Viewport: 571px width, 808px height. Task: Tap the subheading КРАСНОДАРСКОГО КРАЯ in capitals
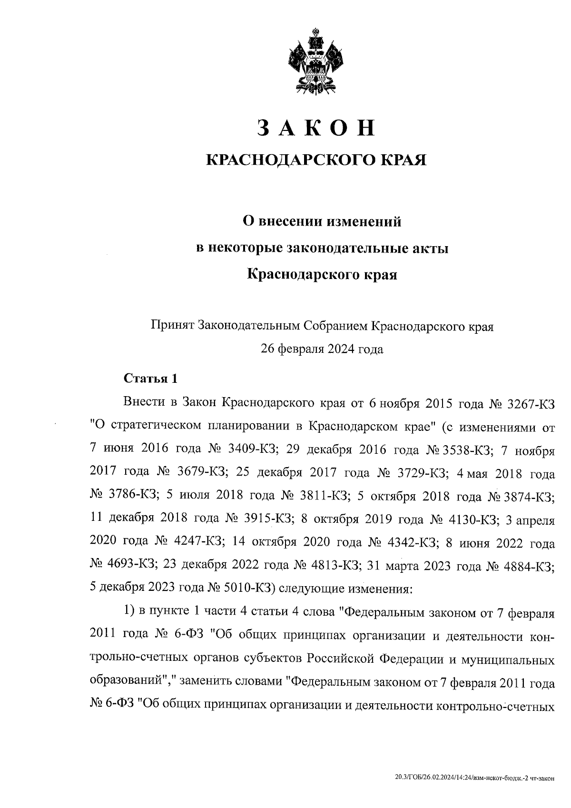pyautogui.click(x=315, y=160)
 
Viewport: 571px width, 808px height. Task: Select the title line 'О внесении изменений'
pyautogui.click(x=322, y=221)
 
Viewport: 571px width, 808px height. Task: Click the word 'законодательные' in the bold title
pyautogui.click(x=349, y=248)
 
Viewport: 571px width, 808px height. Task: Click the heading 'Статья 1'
pyautogui.click(x=150, y=379)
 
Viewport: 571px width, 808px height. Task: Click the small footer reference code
pyautogui.click(x=475, y=778)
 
